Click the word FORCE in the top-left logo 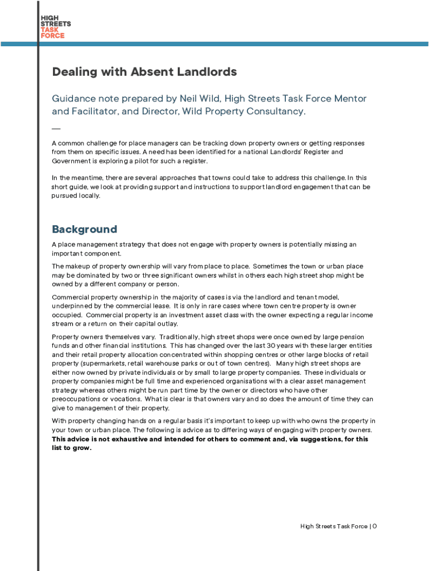click(x=52, y=36)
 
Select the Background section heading click(x=84, y=229)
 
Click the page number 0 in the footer click(x=375, y=526)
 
